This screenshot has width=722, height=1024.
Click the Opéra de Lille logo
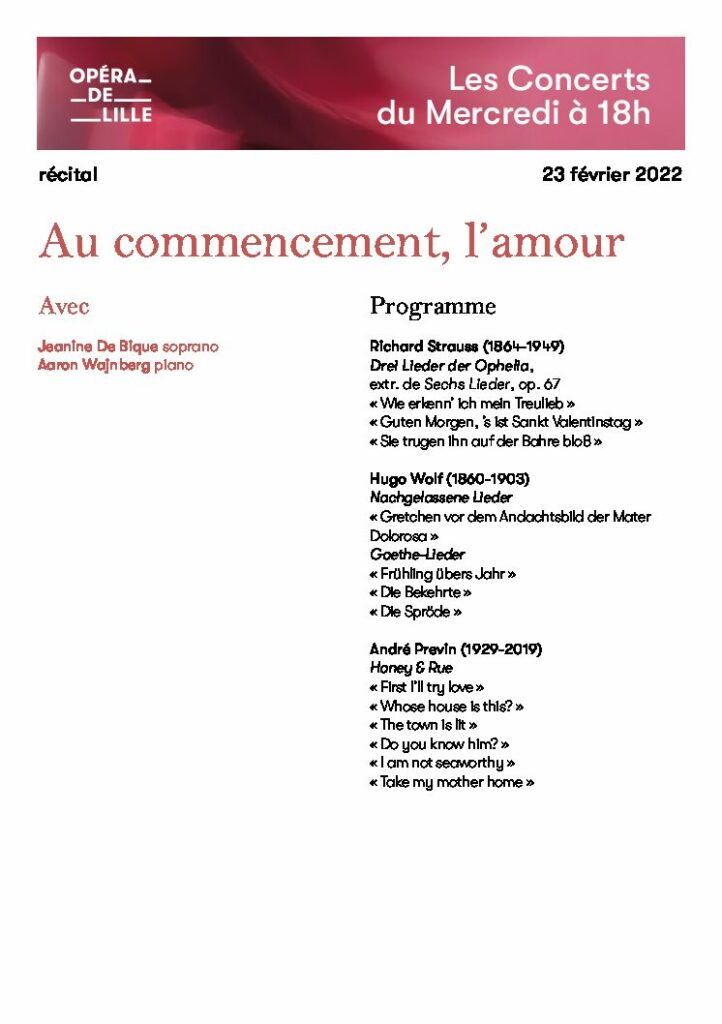(111, 95)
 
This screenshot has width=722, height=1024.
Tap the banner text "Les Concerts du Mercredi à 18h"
(513, 96)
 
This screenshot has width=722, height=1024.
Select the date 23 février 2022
(612, 175)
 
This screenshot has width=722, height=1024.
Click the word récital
(68, 175)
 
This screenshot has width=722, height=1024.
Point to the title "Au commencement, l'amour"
(331, 242)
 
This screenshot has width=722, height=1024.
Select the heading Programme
(432, 306)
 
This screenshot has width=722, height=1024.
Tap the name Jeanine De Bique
(97, 347)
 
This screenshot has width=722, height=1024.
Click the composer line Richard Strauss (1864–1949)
(467, 347)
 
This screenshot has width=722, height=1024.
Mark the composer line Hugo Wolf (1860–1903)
(449, 479)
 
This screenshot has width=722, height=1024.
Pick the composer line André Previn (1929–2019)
(455, 649)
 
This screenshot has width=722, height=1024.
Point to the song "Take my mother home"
(452, 782)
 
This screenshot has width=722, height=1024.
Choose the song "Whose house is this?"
(447, 706)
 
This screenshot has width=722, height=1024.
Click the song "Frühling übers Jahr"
(443, 574)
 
